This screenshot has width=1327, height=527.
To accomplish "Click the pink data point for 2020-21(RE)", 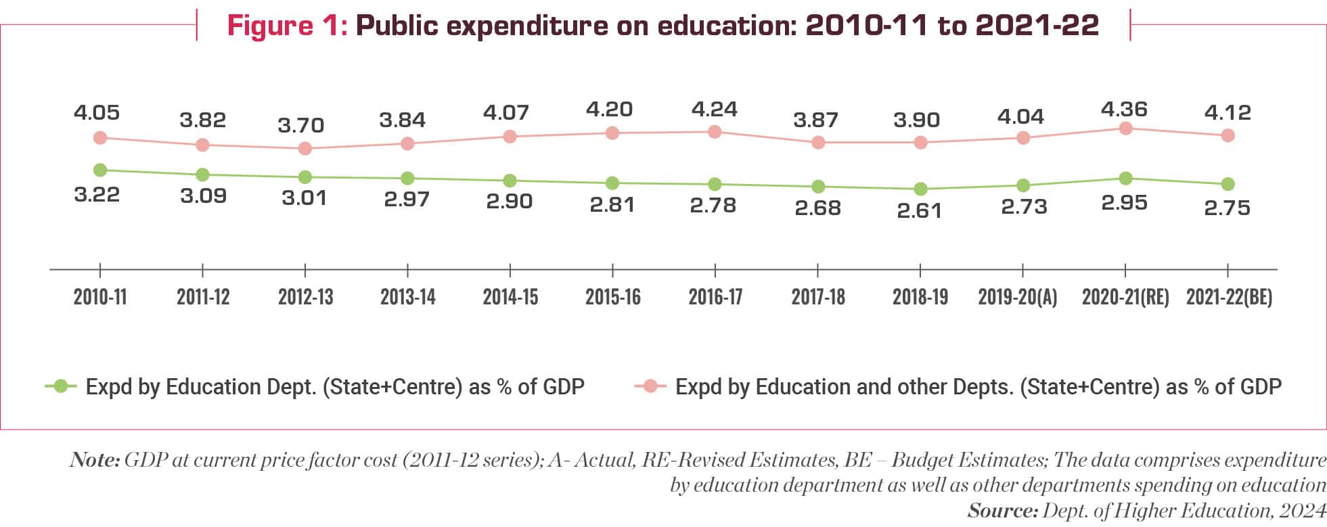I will click(1125, 129).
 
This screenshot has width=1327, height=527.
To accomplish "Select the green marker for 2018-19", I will click(920, 189).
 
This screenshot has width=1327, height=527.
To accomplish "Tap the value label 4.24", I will click(714, 109).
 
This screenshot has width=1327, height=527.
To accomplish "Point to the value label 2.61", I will click(919, 210).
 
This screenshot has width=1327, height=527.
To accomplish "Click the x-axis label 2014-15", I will click(510, 297).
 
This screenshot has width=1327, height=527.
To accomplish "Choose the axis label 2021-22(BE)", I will click(1229, 297).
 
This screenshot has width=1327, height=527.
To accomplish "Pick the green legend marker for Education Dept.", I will click(61, 386).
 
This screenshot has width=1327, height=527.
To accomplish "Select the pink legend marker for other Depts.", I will click(650, 386).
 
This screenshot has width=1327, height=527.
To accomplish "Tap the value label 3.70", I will click(301, 125).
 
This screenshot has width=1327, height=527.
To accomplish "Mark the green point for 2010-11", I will click(100, 170).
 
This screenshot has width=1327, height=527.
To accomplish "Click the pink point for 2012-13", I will click(305, 148).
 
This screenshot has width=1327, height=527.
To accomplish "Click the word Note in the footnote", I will click(94, 460).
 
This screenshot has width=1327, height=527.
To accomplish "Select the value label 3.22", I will click(97, 195).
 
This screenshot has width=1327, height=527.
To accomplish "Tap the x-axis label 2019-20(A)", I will click(1017, 297).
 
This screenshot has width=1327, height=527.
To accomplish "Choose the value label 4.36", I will click(1123, 109).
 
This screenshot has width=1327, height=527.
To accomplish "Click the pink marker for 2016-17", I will click(715, 132).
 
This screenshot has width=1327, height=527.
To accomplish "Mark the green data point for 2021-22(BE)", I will click(1228, 184).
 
